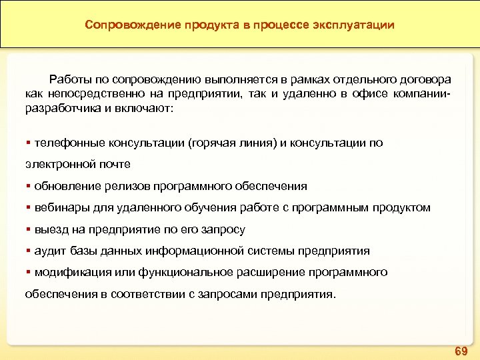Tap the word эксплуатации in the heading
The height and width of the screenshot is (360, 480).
pos(357,25)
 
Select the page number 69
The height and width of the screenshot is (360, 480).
pos(461,350)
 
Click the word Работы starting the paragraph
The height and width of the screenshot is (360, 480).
pos(69,79)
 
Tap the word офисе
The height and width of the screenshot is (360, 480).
pos(363,94)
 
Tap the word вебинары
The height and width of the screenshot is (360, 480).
pos(60,207)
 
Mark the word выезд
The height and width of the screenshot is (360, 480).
pos(50,229)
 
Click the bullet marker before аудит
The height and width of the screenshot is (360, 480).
pos(28,251)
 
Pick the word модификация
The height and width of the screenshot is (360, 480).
pos(69,272)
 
